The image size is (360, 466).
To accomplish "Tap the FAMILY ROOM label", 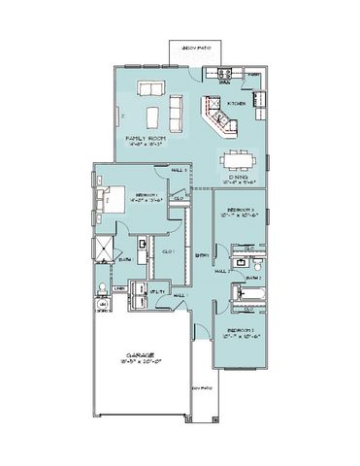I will coord(147,140).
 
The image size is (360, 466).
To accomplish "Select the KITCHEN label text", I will coord(236,101).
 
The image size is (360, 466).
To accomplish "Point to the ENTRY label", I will coord(202,255).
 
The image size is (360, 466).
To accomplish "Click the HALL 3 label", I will coord(179,170).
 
